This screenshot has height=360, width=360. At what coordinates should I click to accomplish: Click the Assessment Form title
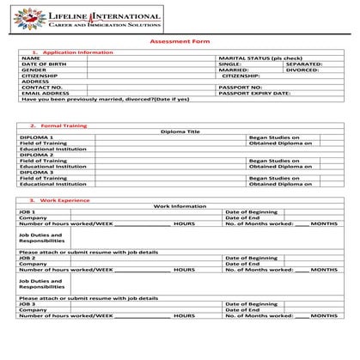(180, 41)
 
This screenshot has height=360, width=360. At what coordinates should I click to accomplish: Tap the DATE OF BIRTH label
(43, 64)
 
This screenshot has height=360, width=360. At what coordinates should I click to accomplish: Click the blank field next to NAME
(151, 58)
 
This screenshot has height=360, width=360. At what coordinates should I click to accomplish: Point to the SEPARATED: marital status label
(303, 64)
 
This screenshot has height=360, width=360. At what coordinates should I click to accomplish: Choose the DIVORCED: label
(302, 70)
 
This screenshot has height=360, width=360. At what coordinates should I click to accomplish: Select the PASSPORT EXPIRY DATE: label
(255, 93)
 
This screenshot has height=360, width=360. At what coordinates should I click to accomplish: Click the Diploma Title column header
(180, 131)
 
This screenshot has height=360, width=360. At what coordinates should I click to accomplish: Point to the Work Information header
(180, 206)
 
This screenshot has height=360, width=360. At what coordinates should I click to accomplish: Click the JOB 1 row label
(27, 211)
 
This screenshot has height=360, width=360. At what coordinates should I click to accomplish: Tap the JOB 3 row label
(27, 303)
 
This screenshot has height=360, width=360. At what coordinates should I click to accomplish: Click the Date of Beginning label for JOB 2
(251, 258)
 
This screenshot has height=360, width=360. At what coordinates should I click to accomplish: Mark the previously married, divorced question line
(104, 99)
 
